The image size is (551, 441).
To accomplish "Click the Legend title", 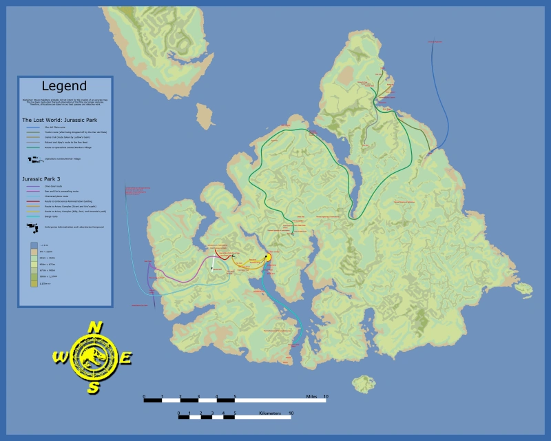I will point(64,86).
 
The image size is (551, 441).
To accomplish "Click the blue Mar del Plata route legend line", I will point(34,127).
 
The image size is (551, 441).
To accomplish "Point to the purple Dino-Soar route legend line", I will point(34,186).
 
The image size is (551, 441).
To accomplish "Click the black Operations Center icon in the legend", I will point(34,159).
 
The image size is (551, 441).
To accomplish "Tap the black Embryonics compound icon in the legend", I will point(32,225).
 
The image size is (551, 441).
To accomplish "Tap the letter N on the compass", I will point(95,327).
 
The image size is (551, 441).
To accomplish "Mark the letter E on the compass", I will point(126,358).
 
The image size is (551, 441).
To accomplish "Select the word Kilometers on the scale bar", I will point(271,413).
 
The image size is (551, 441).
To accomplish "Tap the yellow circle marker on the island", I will point(268,257).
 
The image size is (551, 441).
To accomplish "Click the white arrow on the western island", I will point(213,264).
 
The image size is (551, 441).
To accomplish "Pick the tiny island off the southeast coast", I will point(363,383).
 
